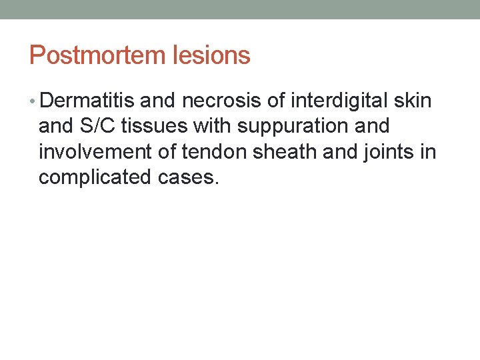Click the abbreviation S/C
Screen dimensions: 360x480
coord(99,127)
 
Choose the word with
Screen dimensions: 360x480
coord(210,127)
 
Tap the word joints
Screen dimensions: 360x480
coord(388,152)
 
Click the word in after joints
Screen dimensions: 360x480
coord(428,152)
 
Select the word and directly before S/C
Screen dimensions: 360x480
coord(55,127)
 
